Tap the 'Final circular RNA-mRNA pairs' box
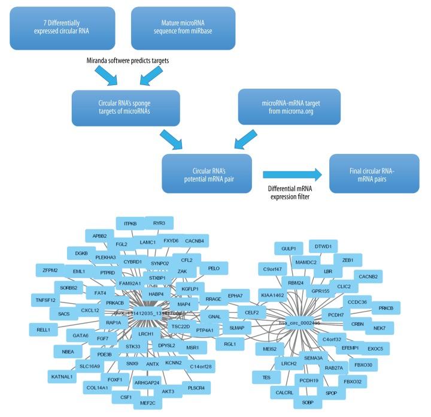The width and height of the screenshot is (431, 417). [367, 171]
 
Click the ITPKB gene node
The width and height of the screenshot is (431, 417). [130, 223]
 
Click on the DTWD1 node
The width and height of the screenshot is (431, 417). [323, 246]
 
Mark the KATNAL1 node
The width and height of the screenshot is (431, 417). [62, 376]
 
